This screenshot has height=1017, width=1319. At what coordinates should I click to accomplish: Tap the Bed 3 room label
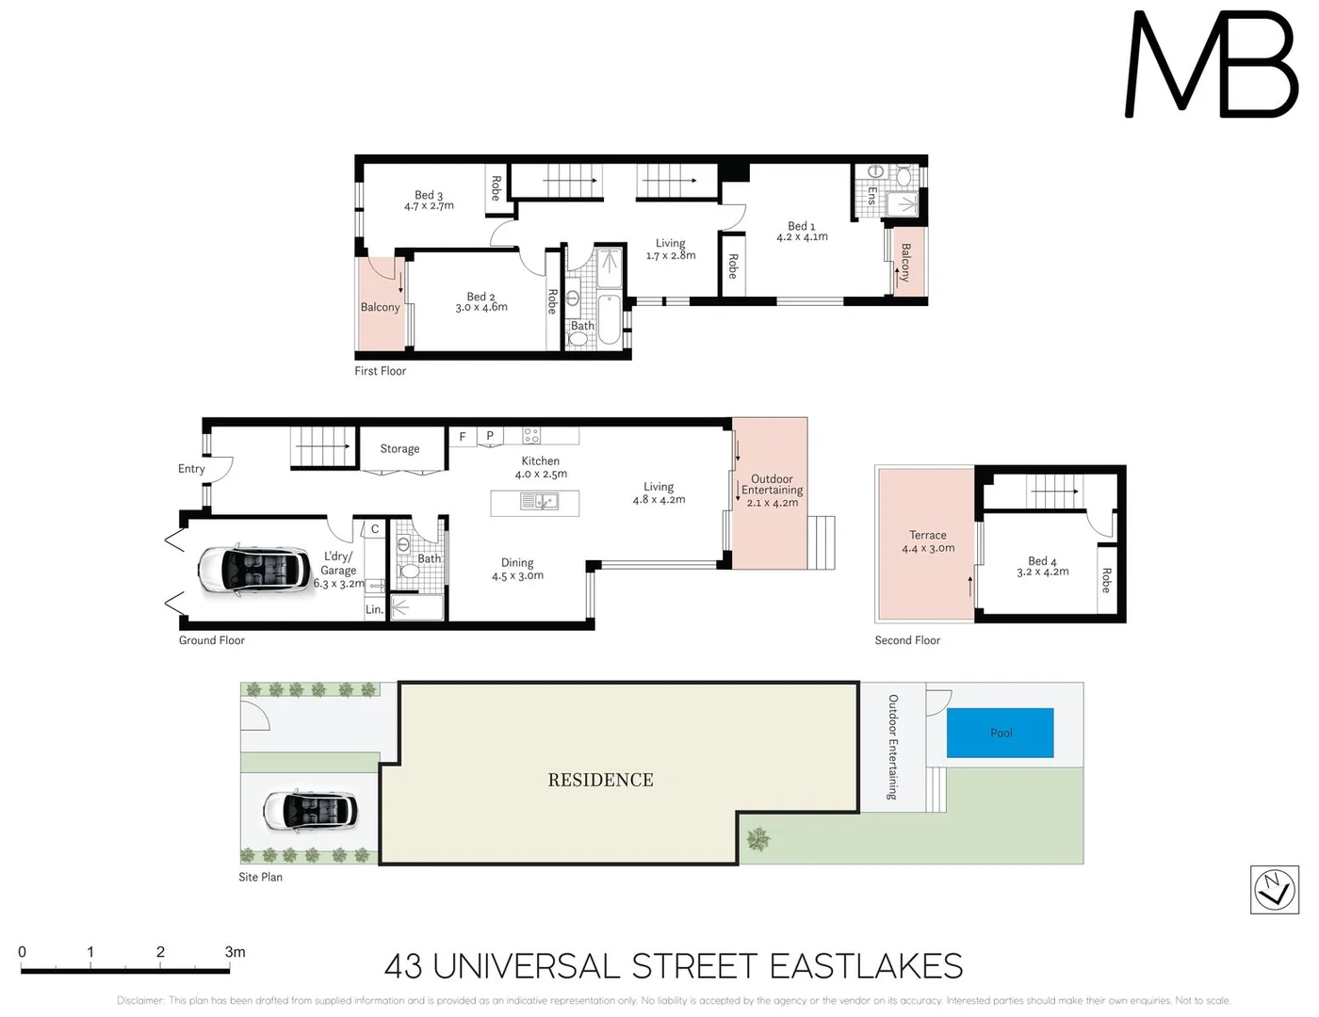[x=429, y=195]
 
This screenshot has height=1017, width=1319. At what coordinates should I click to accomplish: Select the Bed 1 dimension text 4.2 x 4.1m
[x=802, y=237]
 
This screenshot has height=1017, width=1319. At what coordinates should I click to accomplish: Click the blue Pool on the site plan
[x=1000, y=733]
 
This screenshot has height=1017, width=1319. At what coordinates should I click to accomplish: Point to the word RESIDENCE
[x=600, y=780]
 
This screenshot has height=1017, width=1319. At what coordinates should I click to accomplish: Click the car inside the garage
[x=253, y=570]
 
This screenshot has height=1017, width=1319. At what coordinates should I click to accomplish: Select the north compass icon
[x=1274, y=889]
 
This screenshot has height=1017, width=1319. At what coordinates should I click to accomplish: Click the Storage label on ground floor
[x=399, y=448]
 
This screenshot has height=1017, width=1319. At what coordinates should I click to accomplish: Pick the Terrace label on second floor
[x=928, y=535]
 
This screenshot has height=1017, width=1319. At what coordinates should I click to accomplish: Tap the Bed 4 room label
[x=1042, y=560]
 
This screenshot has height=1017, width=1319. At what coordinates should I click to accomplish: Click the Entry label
[x=191, y=469]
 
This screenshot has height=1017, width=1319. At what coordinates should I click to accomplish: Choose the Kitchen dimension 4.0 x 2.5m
[x=541, y=474]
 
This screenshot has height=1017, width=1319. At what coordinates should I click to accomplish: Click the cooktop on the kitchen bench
[x=532, y=435]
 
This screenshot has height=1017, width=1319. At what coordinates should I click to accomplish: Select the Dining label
[x=517, y=562]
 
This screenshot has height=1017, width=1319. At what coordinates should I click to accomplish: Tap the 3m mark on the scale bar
[x=235, y=952]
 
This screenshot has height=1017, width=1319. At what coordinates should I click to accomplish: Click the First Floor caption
[x=380, y=371]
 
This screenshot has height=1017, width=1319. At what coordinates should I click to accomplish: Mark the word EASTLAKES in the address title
[x=866, y=966]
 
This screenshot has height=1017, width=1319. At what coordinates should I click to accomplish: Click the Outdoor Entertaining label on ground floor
[x=772, y=484]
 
